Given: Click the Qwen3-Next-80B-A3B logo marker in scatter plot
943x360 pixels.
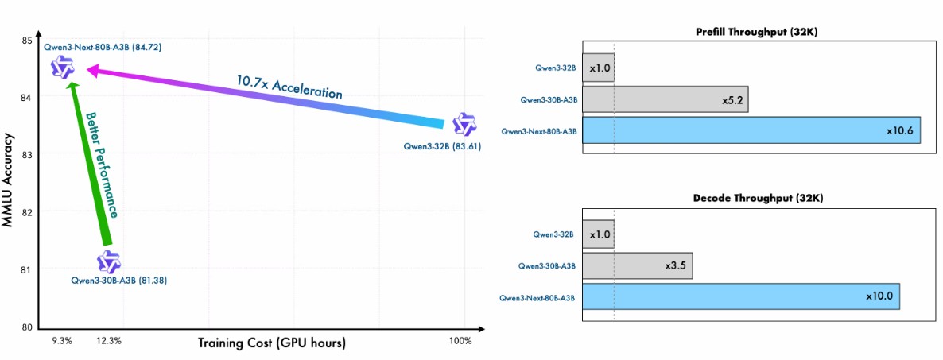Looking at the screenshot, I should (x=63, y=68).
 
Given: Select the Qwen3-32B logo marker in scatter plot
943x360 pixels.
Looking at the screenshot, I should (x=464, y=124).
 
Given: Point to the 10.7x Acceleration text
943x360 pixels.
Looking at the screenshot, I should (x=289, y=87).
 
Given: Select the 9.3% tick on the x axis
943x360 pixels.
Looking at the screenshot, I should (x=61, y=341).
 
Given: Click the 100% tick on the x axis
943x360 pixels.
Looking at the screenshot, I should (x=460, y=341).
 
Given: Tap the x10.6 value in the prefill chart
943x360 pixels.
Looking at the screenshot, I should (x=900, y=130).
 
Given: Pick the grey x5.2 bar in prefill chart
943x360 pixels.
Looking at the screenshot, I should (x=666, y=99).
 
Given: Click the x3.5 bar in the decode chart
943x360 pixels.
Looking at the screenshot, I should (x=638, y=265).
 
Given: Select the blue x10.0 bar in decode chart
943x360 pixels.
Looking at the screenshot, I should (x=741, y=296).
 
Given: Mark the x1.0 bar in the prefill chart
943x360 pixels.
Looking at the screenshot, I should (x=598, y=68).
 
